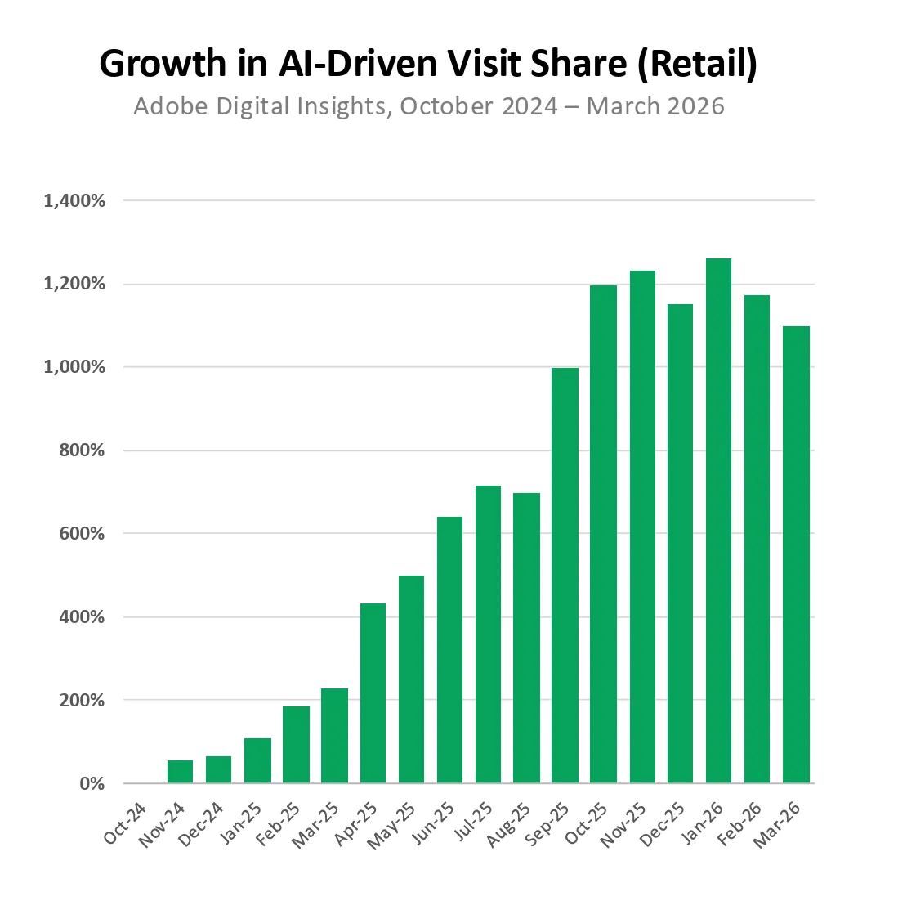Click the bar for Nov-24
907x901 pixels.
point(180,772)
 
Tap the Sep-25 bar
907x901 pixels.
point(565,576)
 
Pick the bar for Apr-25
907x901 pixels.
point(373,693)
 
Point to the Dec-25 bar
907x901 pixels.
point(680,544)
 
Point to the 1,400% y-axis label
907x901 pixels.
point(74,200)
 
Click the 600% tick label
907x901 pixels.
point(81,534)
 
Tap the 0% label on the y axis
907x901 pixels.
point(92,784)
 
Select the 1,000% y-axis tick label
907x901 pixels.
point(74,367)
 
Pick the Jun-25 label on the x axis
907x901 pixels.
point(434,823)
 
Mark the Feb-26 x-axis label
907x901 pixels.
point(741,823)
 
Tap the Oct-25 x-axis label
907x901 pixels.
point(588,823)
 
